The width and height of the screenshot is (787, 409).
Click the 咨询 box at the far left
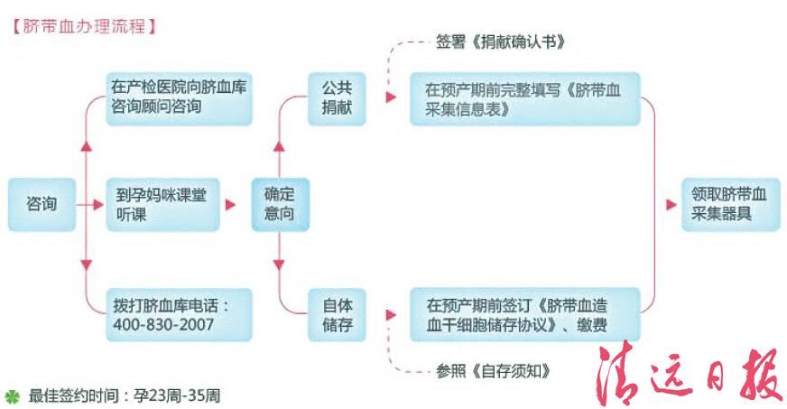(x=42, y=204)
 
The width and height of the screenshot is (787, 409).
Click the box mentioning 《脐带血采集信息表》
(x=524, y=99)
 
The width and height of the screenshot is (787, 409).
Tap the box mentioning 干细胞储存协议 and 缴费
(x=524, y=312)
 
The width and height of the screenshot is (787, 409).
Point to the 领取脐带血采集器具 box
(x=728, y=204)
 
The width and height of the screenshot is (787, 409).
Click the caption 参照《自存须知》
(x=492, y=371)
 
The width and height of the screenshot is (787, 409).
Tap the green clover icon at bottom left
(x=12, y=395)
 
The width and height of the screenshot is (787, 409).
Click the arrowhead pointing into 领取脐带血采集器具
(x=671, y=205)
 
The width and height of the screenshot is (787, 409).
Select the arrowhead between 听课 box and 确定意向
(x=232, y=205)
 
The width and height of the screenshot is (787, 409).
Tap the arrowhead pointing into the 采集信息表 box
(x=390, y=97)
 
